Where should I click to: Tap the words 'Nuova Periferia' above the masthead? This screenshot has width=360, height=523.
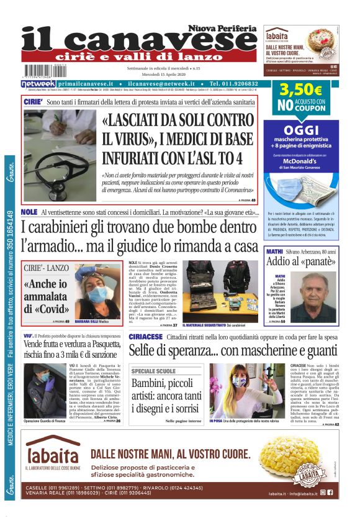(223, 29)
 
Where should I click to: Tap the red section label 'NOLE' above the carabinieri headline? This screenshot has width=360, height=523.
(29, 212)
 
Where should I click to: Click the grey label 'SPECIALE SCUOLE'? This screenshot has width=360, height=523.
(153, 371)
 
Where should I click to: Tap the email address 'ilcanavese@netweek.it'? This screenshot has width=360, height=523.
(162, 83)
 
